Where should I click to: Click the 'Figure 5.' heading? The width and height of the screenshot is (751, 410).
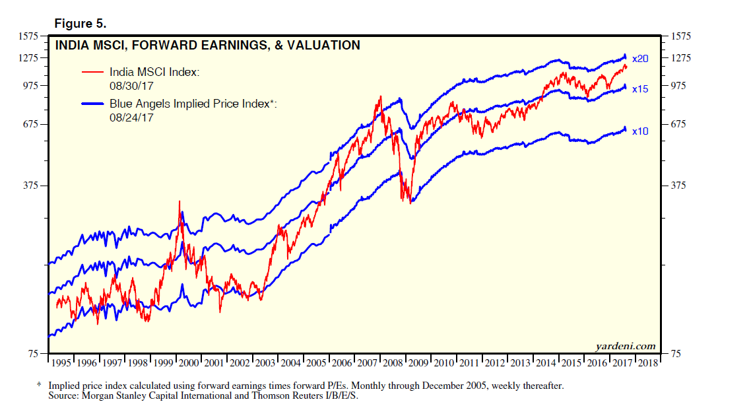coord(80,23)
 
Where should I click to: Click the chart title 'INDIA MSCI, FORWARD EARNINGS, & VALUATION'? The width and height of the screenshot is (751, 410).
coord(207,46)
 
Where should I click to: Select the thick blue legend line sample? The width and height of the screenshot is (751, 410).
coord(92,104)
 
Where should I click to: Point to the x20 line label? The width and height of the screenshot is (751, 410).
coord(640,59)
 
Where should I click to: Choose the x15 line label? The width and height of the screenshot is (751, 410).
coord(640,89)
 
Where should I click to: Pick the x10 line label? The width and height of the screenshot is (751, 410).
coord(640,131)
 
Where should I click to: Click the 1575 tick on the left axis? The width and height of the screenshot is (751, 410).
coord(30,36)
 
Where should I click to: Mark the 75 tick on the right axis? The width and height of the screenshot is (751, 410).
coord(676,354)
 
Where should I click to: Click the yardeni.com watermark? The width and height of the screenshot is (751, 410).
coord(626,345)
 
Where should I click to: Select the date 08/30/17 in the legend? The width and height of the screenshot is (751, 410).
coord(131,85)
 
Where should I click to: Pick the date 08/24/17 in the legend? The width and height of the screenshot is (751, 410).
coord(131,117)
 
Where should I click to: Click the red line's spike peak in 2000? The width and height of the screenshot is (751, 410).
coord(180,201)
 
